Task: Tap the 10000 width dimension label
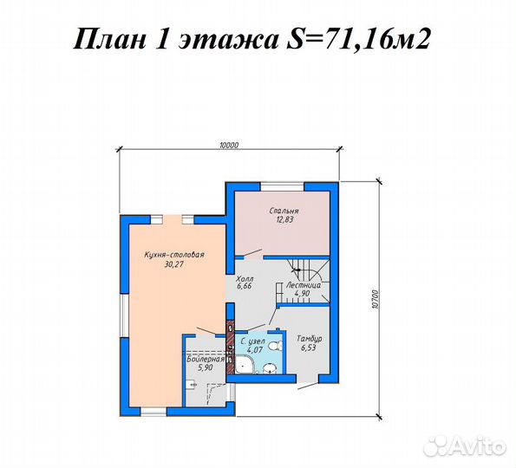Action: pyautogui.click(x=228, y=146)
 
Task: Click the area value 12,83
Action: pyautogui.click(x=285, y=220)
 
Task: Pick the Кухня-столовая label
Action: pyautogui.click(x=173, y=255)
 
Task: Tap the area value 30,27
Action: pyautogui.click(x=173, y=264)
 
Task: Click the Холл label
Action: pyautogui.click(x=244, y=280)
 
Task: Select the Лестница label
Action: pyautogui.click(x=303, y=284)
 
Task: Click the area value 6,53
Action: pyautogui.click(x=309, y=348)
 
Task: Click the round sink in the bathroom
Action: pyautogui.click(x=270, y=369)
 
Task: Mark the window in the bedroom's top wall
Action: pyautogui.click(x=278, y=184)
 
